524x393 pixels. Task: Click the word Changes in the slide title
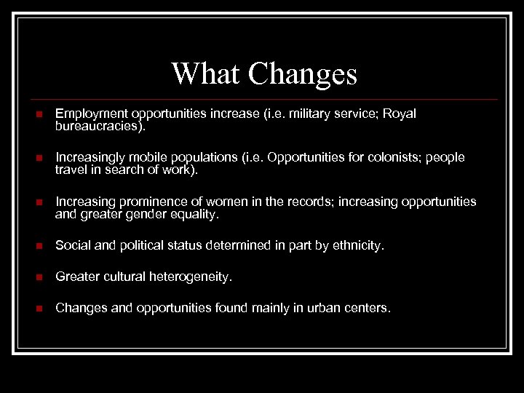point(303,74)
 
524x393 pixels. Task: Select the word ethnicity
point(355,246)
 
